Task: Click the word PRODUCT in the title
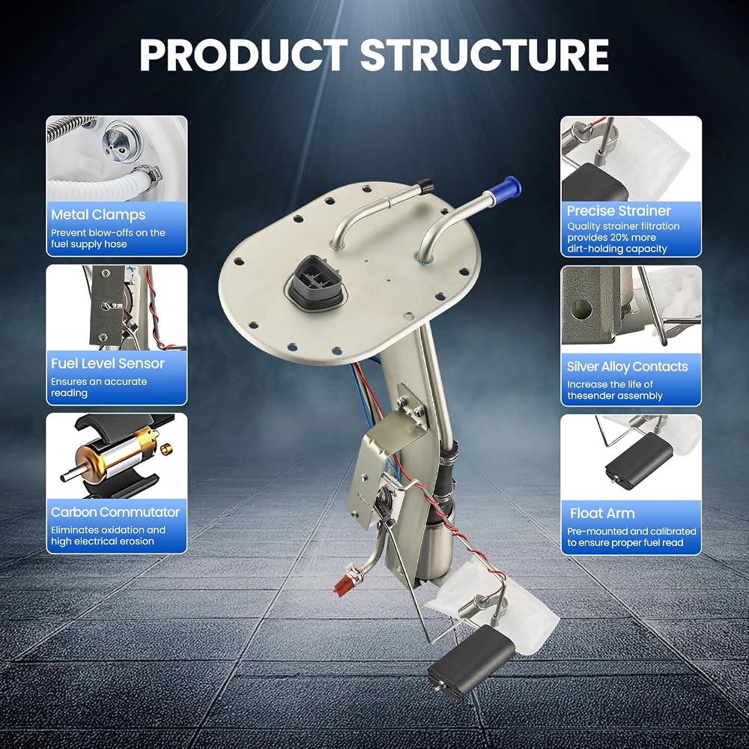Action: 243,55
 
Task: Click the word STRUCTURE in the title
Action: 485,55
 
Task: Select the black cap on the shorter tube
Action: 424,185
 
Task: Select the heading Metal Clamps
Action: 98,215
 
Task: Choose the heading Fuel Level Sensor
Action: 107,363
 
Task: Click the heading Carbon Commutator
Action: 115,512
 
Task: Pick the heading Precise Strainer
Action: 619,210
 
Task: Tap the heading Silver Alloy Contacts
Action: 627,366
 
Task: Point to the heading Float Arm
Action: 602,513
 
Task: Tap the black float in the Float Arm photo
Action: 639,458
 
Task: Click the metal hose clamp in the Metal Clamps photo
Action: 147,176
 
